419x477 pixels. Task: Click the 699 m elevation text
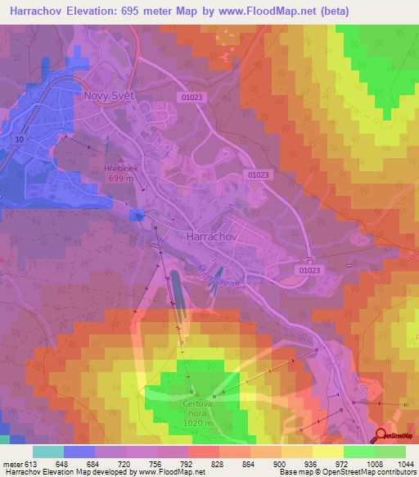(120, 178)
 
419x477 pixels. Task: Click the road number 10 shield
(18, 140)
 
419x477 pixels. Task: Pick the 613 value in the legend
(31, 464)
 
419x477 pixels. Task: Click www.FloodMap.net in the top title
(277, 11)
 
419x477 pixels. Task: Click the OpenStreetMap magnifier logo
(381, 437)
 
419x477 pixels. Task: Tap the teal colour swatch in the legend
(47, 452)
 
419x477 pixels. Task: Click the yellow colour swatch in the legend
(328, 452)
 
